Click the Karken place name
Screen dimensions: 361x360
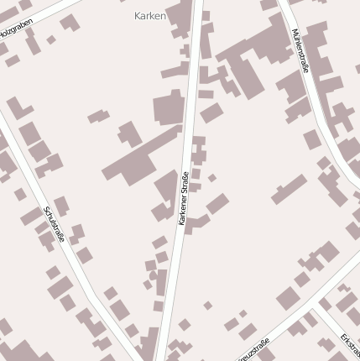(150, 15)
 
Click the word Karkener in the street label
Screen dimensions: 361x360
(183, 207)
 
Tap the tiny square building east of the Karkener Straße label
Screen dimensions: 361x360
(212, 178)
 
